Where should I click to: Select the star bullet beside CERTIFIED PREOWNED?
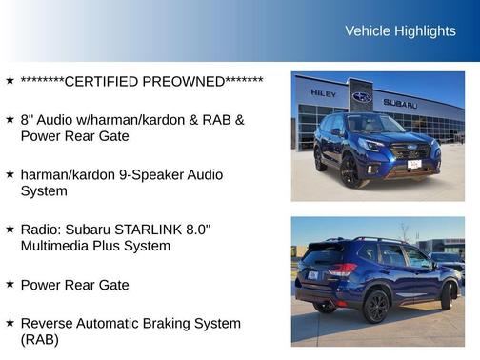10,81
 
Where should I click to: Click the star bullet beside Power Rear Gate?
10,284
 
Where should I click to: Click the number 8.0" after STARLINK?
195,230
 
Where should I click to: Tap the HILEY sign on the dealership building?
324,93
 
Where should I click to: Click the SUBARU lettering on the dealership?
400,103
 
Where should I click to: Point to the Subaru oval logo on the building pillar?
362,96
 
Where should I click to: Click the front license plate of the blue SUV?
414,164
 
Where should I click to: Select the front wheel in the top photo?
349,170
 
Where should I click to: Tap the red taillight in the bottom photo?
341,270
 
